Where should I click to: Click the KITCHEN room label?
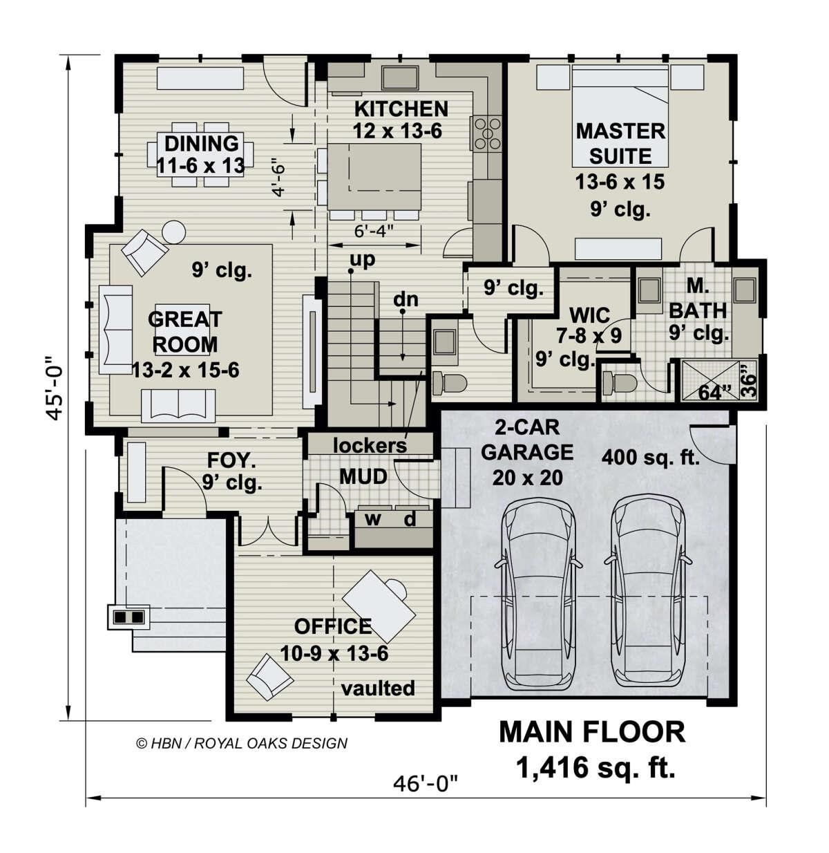coord(401,109)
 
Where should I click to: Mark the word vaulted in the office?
coord(378,688)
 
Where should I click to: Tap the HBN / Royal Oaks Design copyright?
coord(242,743)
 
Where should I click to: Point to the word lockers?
coord(370,446)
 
